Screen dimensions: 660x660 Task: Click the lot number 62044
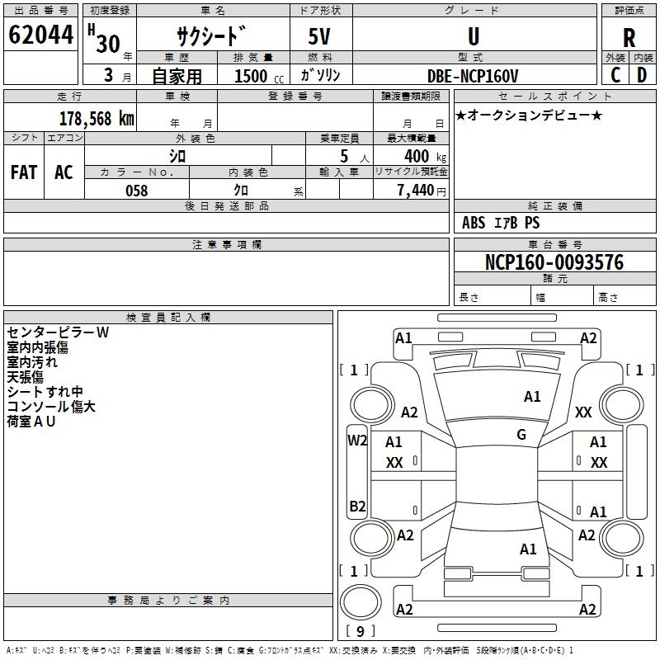click(x=40, y=36)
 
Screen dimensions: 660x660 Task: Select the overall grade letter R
click(x=629, y=38)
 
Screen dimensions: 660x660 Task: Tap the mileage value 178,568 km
click(x=97, y=118)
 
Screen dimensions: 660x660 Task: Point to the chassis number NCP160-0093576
click(x=554, y=263)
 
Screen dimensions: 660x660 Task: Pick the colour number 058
click(x=136, y=191)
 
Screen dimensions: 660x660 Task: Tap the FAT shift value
click(x=23, y=172)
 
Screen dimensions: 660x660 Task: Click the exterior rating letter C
click(x=615, y=75)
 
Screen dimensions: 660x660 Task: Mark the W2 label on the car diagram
click(x=356, y=441)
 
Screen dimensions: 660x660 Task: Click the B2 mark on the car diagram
click(x=356, y=506)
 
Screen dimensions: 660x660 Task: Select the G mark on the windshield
click(x=521, y=435)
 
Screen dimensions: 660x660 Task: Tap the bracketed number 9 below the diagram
click(x=360, y=631)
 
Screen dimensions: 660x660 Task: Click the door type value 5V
click(x=321, y=38)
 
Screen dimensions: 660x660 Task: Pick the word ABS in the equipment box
click(x=474, y=223)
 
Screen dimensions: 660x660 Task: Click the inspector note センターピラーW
click(x=58, y=332)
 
